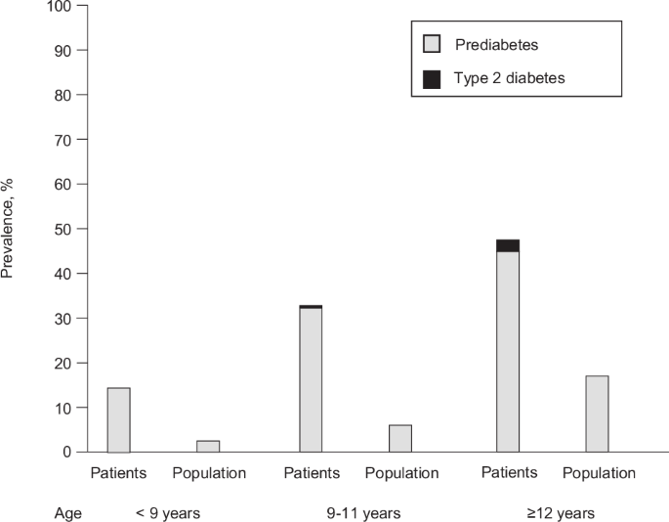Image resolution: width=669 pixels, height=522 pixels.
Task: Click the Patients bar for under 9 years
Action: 118,420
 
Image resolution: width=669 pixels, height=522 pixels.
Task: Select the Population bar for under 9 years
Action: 208,446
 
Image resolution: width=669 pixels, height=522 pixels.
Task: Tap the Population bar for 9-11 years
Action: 400,438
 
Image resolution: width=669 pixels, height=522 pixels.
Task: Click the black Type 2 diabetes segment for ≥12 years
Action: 508,245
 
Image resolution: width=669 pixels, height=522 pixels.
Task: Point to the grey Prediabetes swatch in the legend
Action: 431,44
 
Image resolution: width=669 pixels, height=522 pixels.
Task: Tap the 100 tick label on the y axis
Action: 59,6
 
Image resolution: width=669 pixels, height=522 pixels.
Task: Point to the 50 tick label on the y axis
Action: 63,229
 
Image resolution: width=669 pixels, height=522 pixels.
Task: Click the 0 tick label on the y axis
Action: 66,452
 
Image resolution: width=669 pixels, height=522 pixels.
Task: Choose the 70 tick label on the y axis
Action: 63,140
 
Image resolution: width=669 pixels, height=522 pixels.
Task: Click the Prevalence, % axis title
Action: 10,229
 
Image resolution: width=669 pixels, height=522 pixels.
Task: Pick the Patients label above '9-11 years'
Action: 312,474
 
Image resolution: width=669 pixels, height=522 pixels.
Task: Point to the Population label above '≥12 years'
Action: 599,474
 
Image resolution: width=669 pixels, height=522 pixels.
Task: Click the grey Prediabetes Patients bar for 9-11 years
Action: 311,381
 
